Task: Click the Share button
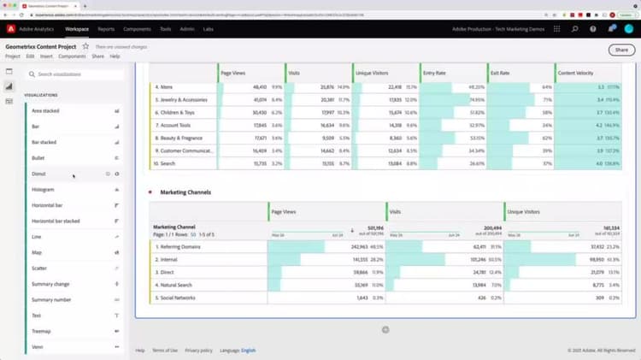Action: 621,50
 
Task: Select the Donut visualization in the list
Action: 39,174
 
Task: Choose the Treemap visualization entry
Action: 41,331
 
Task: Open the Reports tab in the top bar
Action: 105,29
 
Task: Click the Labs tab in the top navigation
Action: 209,29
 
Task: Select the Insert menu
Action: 45,56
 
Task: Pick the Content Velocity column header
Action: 579,74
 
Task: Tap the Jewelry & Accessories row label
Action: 184,99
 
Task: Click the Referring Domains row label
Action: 180,246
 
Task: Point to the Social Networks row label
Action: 178,298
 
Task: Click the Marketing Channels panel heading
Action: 185,192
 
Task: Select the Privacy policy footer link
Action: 198,350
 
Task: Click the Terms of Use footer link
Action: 166,350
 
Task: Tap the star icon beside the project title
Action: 85,46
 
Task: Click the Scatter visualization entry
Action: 39,268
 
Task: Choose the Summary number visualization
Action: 51,299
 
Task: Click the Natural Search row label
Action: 178,285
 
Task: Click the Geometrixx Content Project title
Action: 41,46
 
